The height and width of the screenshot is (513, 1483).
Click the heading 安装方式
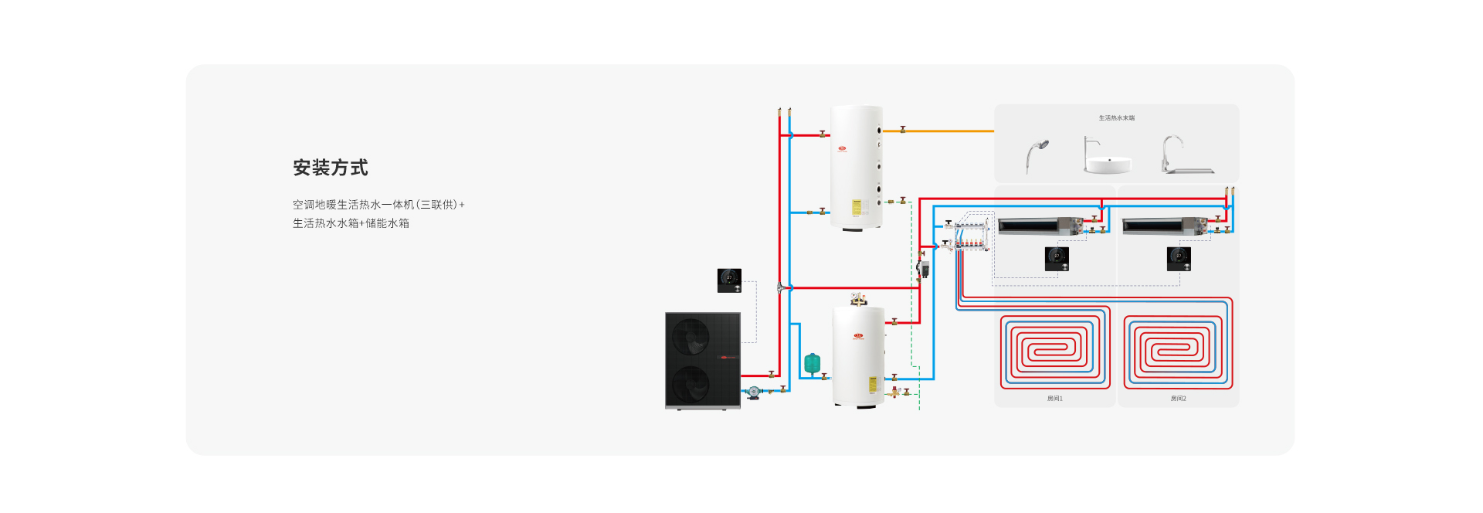(330, 168)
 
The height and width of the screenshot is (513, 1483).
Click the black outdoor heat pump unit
(702, 360)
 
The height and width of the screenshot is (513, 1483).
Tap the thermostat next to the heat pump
(729, 280)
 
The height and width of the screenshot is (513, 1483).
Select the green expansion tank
(812, 363)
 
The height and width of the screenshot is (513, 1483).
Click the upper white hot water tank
(856, 167)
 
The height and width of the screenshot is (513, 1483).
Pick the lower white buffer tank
(858, 355)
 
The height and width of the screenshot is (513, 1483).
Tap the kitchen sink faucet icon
(1182, 155)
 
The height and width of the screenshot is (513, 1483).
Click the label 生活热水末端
(1116, 118)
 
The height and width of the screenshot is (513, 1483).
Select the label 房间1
(1054, 399)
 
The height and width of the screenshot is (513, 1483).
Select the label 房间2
(1178, 399)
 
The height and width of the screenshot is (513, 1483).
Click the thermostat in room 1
(1057, 258)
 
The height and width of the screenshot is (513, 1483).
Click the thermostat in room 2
(1179, 258)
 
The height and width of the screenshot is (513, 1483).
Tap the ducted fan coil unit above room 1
(1039, 226)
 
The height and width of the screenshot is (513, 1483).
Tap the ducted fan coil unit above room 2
(1162, 226)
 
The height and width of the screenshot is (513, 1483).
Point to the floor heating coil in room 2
(1177, 352)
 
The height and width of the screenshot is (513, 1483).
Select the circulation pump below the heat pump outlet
(753, 392)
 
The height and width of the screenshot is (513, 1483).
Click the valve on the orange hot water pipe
(902, 130)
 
